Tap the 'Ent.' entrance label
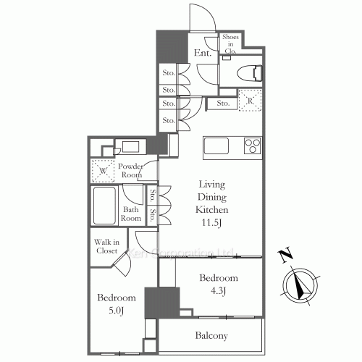(x=201, y=52)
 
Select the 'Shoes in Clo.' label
(x=230, y=43)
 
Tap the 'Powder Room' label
(x=132, y=170)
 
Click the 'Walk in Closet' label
(x=106, y=247)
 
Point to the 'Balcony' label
(x=211, y=336)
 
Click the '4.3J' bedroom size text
(x=219, y=292)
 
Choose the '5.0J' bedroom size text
(x=116, y=311)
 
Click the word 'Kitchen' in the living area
(x=211, y=209)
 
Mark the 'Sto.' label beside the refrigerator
(x=222, y=104)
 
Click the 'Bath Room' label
(x=131, y=214)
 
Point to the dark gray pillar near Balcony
(x=161, y=303)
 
